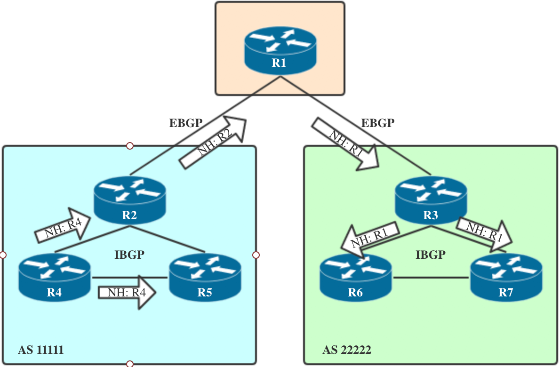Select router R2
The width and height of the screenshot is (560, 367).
click(x=129, y=200)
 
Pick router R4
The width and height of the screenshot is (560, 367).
click(x=54, y=278)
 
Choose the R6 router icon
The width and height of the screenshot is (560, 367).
click(x=355, y=278)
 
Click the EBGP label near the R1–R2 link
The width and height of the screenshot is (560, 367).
click(x=186, y=123)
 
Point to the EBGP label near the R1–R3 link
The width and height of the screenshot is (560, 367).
click(x=377, y=123)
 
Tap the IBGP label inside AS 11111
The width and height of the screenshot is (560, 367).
click(x=129, y=255)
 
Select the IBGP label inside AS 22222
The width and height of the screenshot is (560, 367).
click(x=431, y=255)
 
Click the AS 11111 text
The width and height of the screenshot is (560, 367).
click(x=41, y=350)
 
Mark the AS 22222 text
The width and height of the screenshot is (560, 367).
click(x=347, y=350)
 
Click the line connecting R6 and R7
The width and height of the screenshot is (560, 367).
click(x=431, y=278)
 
